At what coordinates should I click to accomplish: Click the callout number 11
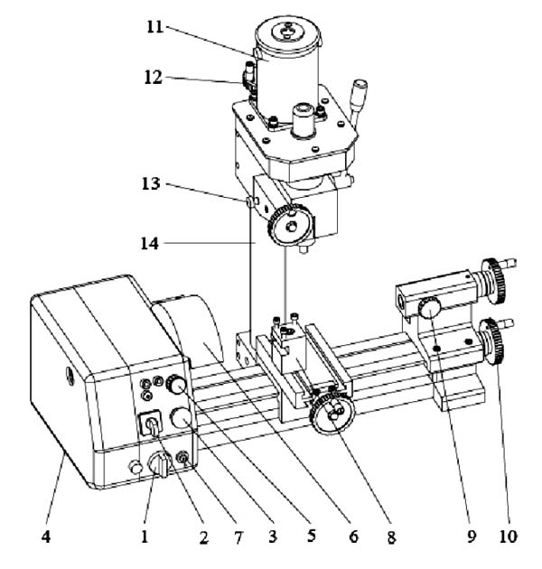155,27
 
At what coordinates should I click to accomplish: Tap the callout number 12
153,78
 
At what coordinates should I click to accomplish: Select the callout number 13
151,184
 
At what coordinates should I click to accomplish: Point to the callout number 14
150,244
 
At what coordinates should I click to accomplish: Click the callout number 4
46,536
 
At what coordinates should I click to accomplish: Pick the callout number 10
508,536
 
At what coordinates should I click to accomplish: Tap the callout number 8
391,537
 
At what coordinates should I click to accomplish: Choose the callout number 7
238,537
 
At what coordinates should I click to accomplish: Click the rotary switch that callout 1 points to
159,464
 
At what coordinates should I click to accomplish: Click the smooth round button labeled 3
182,417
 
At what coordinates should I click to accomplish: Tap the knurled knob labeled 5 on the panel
176,385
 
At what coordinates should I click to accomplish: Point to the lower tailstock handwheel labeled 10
492,342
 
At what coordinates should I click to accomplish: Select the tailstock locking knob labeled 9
430,308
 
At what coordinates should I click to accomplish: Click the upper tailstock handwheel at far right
494,280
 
